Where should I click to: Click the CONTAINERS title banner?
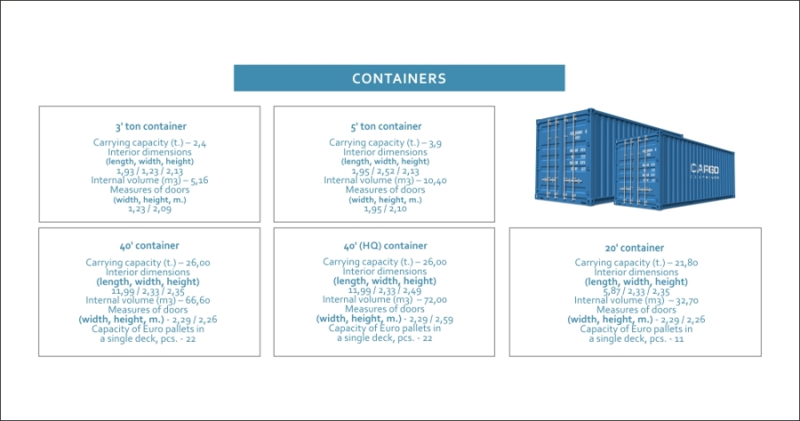(x=399, y=78)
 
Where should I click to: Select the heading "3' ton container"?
(x=150, y=126)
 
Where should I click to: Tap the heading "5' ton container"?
(x=386, y=126)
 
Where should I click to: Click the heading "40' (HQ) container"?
(x=385, y=246)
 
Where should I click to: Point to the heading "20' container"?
(x=634, y=247)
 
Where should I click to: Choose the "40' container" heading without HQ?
(x=149, y=246)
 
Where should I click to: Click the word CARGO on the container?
(x=705, y=169)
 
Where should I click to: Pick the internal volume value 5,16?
(x=198, y=181)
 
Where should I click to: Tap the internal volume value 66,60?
(x=198, y=301)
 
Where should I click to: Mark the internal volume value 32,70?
(x=687, y=301)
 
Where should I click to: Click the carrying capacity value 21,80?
(x=686, y=263)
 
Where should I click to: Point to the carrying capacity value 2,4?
(x=199, y=143)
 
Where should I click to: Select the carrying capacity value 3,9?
(x=436, y=143)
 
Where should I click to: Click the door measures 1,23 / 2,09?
(x=149, y=208)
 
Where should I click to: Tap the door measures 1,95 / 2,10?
(x=385, y=208)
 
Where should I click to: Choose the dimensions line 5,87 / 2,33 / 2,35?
(x=636, y=291)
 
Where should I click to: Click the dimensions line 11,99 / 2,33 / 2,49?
(x=385, y=290)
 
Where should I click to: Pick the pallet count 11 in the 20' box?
(x=679, y=339)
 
